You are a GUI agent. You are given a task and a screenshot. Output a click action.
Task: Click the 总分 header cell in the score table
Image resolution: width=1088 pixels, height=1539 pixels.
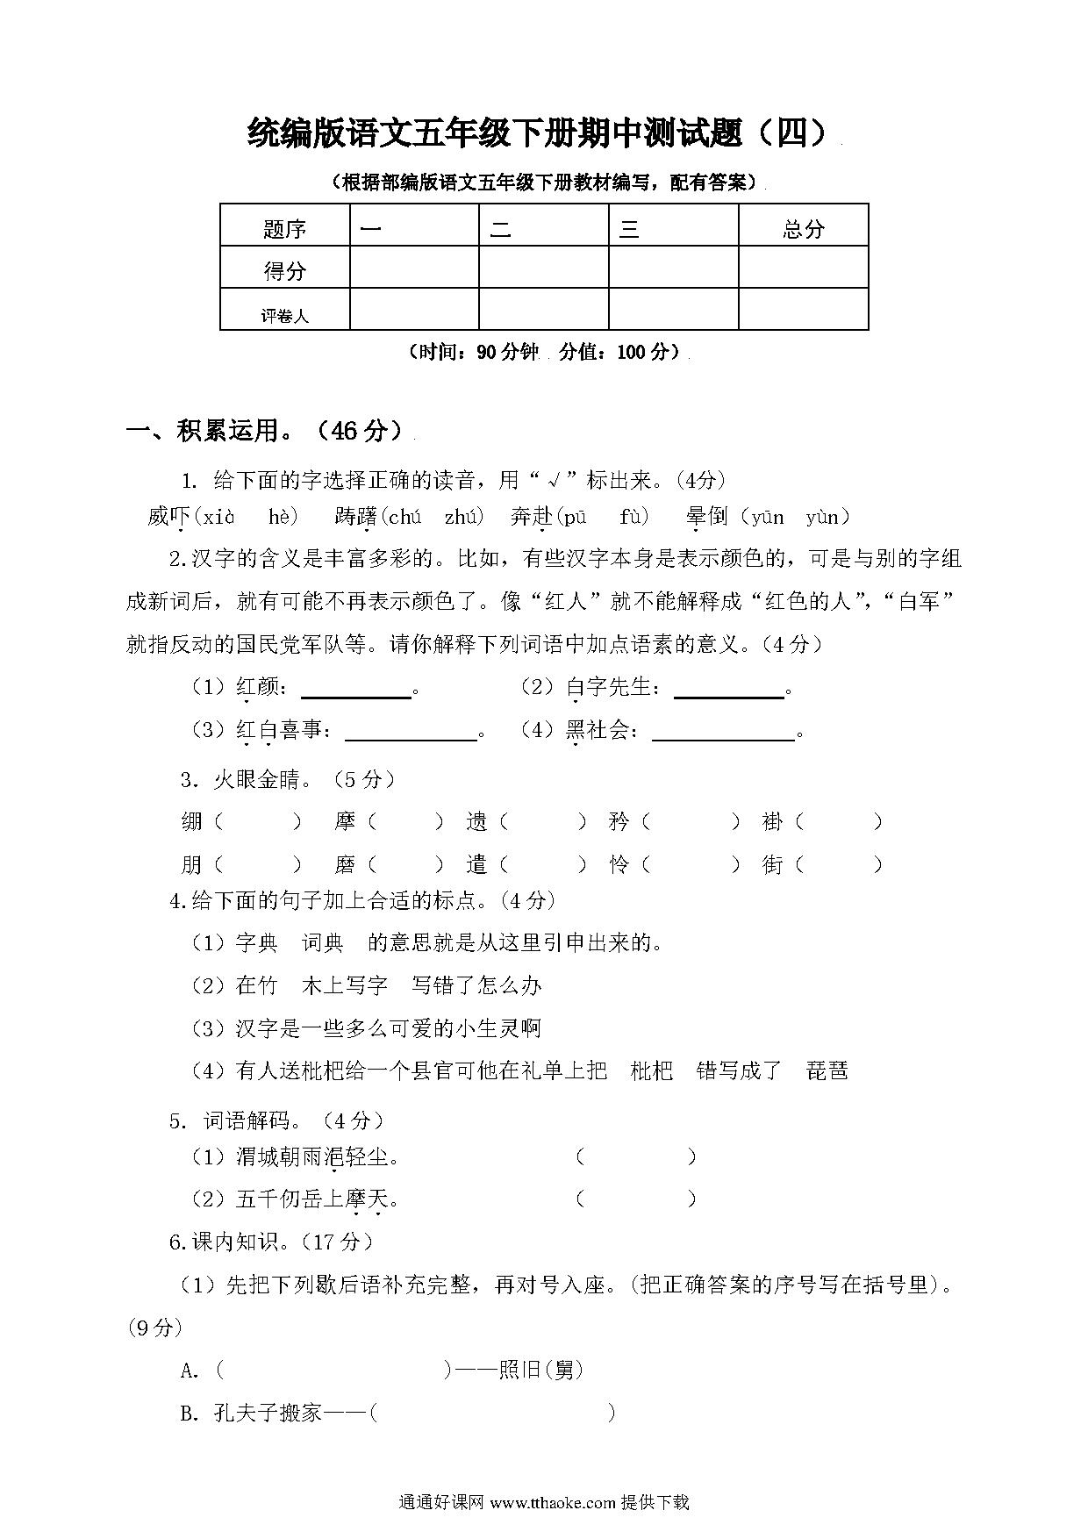(x=803, y=229)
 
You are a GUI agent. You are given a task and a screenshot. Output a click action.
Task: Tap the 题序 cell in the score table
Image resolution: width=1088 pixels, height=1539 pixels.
(x=284, y=229)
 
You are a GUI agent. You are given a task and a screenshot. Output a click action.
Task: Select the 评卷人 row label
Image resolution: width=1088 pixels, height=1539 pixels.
(x=284, y=315)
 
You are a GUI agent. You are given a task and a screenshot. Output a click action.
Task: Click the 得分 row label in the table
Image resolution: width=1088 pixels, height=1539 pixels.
(x=284, y=271)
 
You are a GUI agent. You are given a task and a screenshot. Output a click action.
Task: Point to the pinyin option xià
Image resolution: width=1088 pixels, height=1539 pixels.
(x=219, y=517)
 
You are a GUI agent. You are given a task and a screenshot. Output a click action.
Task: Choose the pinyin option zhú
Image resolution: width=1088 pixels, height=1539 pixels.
(x=460, y=517)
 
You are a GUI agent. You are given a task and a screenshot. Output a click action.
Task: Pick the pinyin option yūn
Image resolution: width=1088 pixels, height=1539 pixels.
(x=768, y=517)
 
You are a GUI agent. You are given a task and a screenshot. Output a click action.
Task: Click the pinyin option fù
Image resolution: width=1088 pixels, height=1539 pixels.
(x=632, y=517)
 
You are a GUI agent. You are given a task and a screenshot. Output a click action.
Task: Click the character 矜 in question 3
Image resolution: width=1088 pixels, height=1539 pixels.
(x=619, y=822)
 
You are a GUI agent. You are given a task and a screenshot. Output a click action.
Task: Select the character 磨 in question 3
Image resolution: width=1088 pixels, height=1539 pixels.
(x=345, y=865)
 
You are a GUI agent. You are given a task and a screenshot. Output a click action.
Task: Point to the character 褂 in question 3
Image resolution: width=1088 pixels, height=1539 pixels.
(x=772, y=822)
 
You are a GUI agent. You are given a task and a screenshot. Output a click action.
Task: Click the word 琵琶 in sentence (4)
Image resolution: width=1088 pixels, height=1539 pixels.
(x=827, y=1070)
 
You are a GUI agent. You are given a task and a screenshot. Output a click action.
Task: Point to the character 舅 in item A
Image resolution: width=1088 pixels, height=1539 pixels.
(x=563, y=1369)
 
